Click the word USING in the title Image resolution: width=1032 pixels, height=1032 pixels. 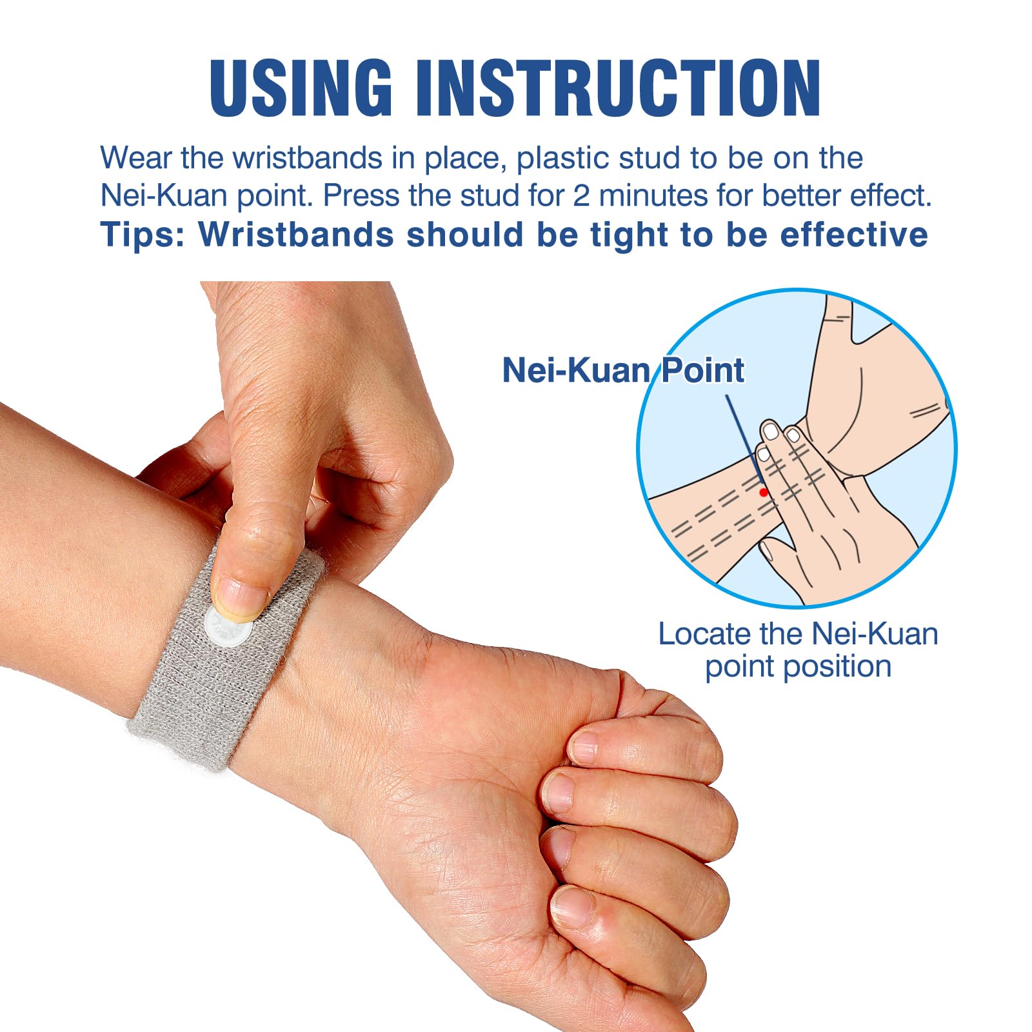tap(301, 88)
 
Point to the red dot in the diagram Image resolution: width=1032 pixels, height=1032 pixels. tap(764, 492)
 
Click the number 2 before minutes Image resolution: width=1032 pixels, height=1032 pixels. tap(581, 196)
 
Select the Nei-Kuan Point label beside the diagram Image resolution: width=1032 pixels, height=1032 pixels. tap(622, 370)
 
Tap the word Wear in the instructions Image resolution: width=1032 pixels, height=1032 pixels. tap(136, 158)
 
